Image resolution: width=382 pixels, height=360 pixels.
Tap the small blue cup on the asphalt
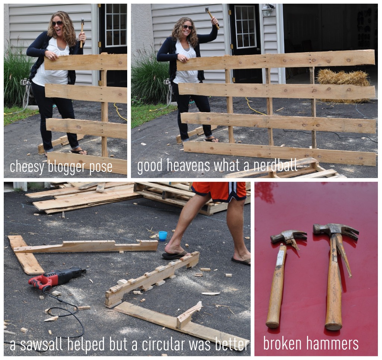pyautogui.click(x=163, y=236)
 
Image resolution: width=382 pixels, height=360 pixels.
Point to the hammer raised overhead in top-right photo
pyautogui.click(x=212, y=17)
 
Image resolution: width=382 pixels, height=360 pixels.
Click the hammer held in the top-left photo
pyautogui.click(x=82, y=32)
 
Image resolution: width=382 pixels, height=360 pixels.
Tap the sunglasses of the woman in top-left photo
pyautogui.click(x=57, y=24)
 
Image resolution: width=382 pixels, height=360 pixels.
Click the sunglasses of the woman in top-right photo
pyautogui.click(x=187, y=27)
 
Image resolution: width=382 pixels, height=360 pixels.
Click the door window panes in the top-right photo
pyautogui.click(x=245, y=27)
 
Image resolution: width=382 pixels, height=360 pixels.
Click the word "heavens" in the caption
pyautogui.click(x=188, y=165)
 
